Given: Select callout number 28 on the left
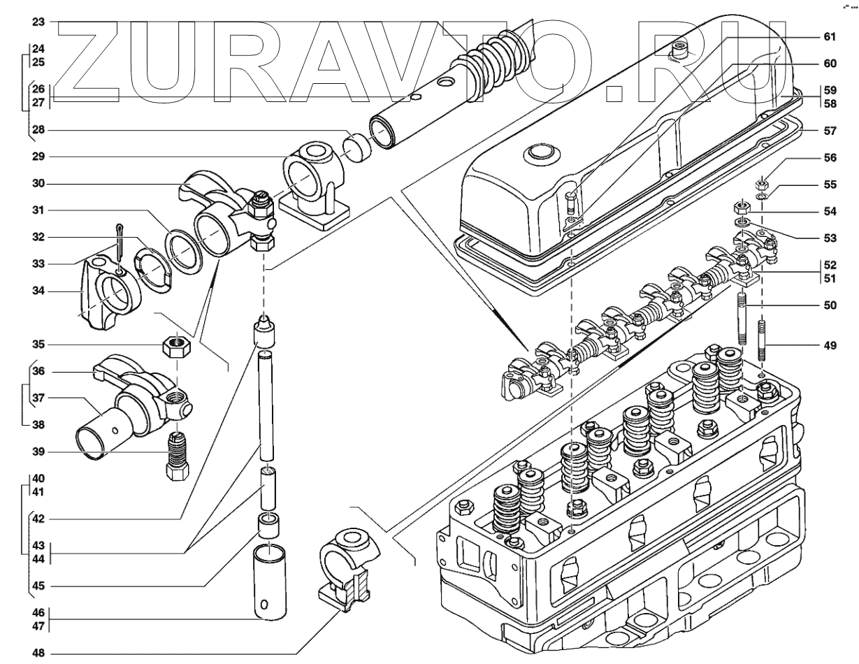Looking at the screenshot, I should [x=38, y=131].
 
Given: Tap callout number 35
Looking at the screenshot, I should [x=38, y=344].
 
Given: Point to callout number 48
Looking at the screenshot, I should [x=38, y=654].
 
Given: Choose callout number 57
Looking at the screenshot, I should [x=829, y=131].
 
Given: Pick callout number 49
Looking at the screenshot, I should [x=829, y=344].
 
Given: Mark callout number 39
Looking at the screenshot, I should [x=38, y=452].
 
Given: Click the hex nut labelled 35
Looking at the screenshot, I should [x=177, y=345].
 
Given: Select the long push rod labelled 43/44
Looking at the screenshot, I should [x=266, y=405].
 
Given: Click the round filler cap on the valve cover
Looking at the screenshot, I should [x=542, y=152].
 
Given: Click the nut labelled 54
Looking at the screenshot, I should [x=741, y=208].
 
